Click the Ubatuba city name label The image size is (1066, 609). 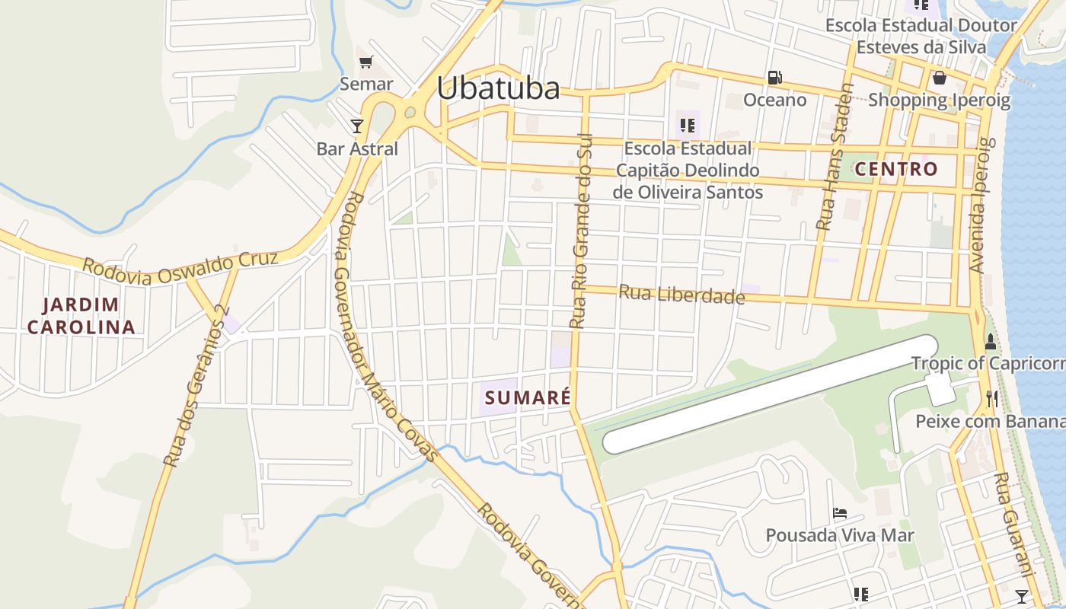498,88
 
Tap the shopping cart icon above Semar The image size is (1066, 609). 366,62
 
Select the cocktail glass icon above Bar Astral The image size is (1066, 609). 357,126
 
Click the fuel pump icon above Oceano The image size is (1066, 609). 775,77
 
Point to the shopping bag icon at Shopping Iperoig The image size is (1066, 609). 940,78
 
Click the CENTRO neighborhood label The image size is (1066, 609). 896,169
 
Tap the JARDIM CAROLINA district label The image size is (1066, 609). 81,316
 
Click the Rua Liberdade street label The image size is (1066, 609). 681,294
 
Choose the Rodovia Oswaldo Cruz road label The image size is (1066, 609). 180,267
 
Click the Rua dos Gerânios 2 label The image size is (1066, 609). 196,385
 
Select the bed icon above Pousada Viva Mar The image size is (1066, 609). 840,512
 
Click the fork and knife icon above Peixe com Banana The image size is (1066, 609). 991,397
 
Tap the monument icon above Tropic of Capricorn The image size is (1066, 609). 991,341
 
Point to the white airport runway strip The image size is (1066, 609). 769,394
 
